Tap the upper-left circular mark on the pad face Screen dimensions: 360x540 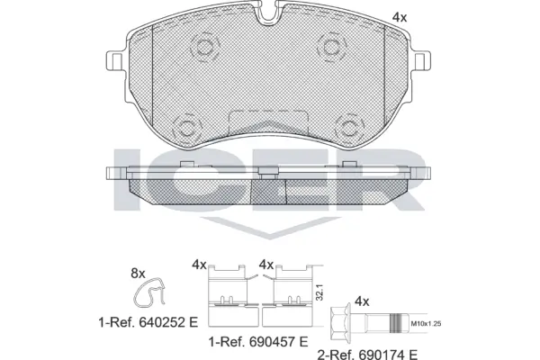click(x=202, y=47)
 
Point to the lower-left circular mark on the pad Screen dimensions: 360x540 click(x=187, y=126)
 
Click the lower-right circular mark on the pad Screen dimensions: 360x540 click(x=347, y=126)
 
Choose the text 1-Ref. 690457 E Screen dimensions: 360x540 click(x=258, y=342)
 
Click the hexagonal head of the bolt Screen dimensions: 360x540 click(x=342, y=319)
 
